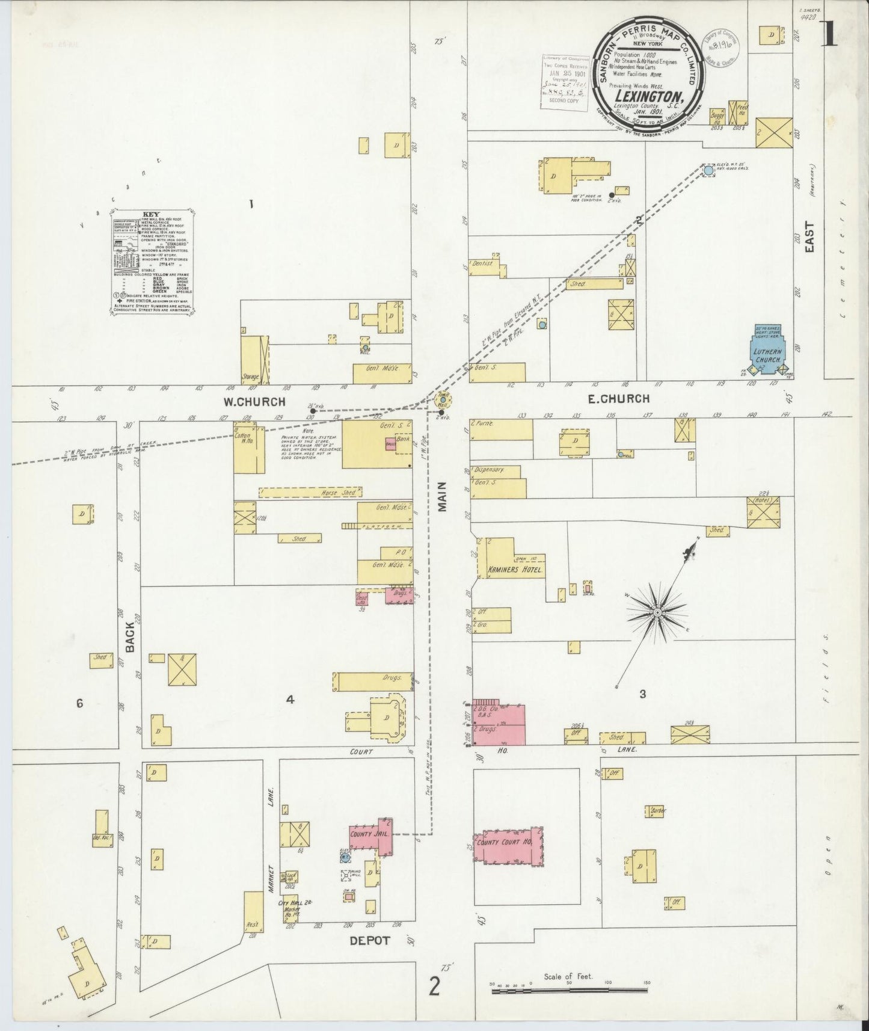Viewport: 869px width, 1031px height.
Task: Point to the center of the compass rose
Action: click(x=657, y=612)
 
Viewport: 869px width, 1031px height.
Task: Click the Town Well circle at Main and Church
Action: click(x=443, y=399)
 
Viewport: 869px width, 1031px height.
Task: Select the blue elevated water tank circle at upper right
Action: click(x=708, y=171)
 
